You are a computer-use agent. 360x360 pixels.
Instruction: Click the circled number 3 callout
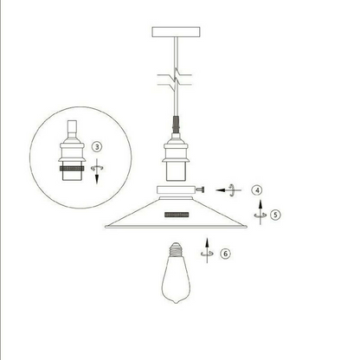(x=97, y=147)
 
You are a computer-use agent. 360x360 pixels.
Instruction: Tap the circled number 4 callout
(x=257, y=190)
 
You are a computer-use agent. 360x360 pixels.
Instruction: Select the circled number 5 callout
(x=275, y=215)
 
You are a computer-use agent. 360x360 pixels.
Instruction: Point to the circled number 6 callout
(x=226, y=254)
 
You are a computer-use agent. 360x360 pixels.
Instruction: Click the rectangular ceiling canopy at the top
(x=176, y=32)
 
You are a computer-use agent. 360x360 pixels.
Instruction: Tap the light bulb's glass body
(x=176, y=279)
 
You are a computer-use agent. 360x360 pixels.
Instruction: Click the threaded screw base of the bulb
(x=176, y=249)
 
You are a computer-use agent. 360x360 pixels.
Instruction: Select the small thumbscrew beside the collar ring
(x=201, y=190)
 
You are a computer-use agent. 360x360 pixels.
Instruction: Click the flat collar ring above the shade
(x=176, y=190)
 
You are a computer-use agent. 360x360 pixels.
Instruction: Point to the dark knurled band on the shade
(x=177, y=215)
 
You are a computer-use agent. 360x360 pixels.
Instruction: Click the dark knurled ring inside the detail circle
(x=72, y=169)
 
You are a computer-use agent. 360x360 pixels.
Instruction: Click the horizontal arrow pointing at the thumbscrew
(x=228, y=190)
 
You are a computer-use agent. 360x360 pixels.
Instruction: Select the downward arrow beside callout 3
(x=97, y=170)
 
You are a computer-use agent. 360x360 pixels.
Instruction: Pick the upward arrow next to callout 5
(x=260, y=212)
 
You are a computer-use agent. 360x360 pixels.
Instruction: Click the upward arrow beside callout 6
(x=207, y=250)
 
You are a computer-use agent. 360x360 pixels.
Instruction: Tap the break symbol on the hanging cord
(x=175, y=80)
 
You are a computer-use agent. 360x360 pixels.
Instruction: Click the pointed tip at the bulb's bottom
(x=176, y=302)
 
